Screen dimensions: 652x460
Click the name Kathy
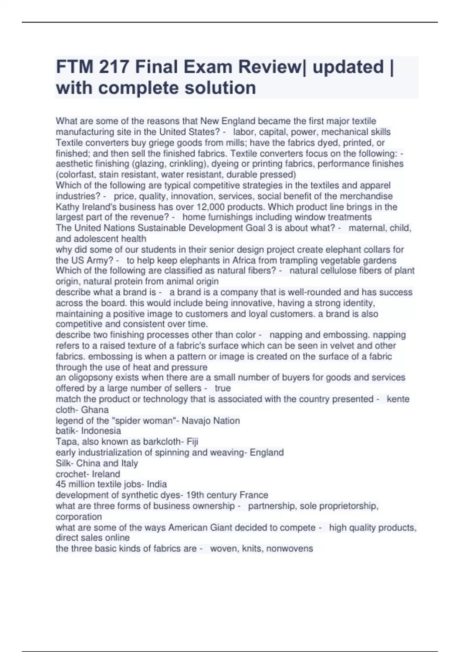[x=67, y=207]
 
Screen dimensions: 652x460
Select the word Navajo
[x=196, y=421]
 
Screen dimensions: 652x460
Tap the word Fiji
[x=192, y=442]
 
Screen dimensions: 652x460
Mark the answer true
[x=223, y=388]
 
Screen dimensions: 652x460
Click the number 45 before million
[x=61, y=484]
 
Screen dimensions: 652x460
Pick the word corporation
[x=79, y=517]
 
